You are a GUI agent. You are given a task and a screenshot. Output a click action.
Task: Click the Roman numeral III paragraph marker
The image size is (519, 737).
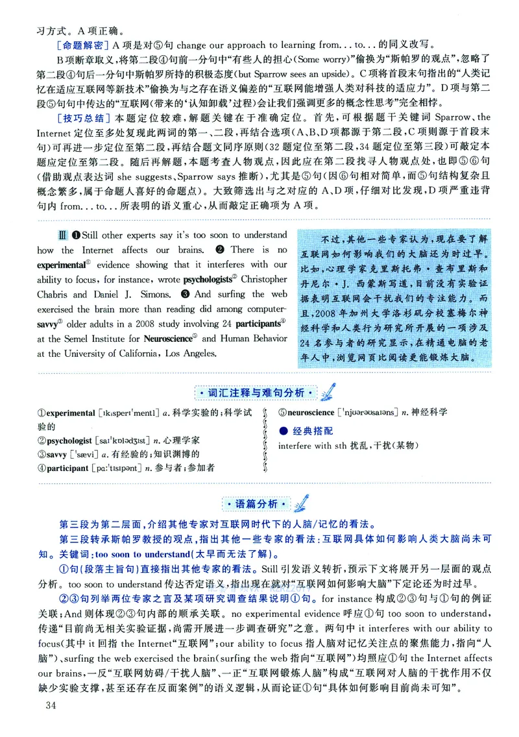coord(61,234)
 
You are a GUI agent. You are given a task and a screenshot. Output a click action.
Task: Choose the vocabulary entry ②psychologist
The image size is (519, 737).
coord(66,440)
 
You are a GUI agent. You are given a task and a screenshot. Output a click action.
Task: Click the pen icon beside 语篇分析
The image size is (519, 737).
coord(300,502)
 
